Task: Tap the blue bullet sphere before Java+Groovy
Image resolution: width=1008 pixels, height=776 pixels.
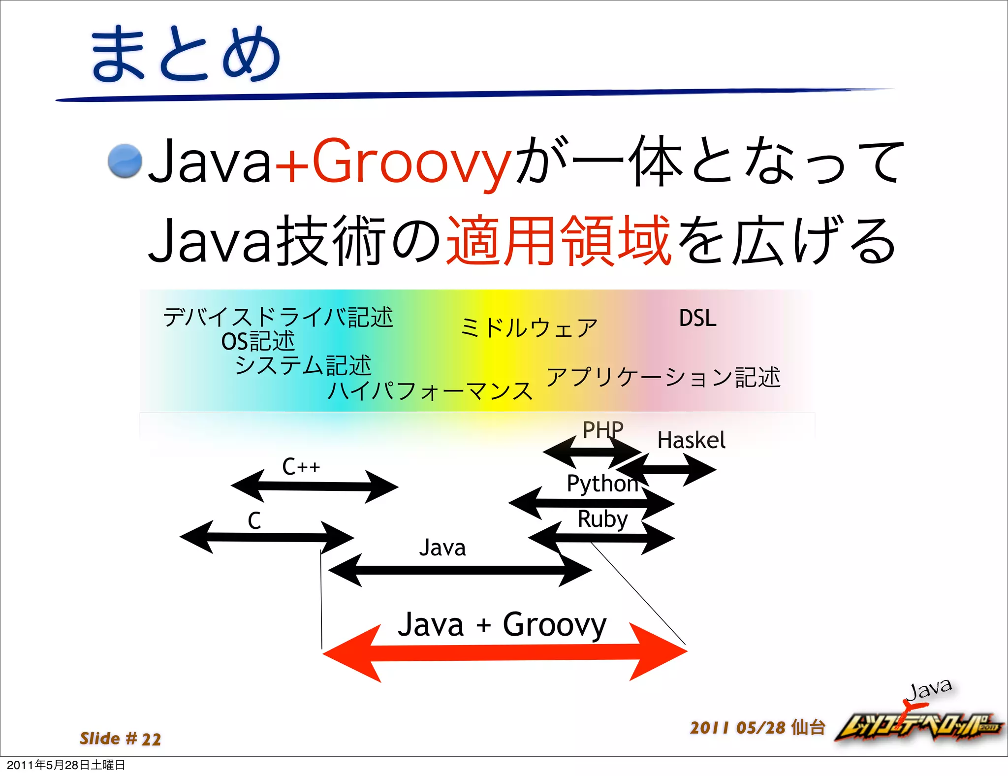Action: point(125,161)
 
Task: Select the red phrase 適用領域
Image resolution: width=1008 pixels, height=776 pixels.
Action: point(559,241)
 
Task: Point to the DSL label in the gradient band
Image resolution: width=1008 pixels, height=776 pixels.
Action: point(697,318)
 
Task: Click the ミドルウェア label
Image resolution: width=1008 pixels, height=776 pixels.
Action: point(529,328)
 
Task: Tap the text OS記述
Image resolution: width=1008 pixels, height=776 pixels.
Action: point(258,341)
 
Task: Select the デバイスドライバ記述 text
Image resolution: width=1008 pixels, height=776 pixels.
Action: point(278,317)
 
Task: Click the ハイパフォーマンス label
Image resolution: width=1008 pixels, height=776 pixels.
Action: point(430,391)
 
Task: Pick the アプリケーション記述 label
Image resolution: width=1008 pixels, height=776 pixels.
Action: point(663,377)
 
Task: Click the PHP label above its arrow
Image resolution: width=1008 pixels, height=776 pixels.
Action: point(602,430)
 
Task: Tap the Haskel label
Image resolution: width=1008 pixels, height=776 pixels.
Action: point(691,440)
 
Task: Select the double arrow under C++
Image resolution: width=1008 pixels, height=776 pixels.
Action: point(314,486)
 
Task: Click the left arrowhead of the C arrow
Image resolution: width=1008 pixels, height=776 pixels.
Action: point(197,537)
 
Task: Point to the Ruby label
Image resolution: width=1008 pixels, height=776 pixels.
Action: point(602,519)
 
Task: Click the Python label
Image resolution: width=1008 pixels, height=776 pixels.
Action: point(602,484)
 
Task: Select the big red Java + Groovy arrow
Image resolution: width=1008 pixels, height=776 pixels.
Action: point(504,652)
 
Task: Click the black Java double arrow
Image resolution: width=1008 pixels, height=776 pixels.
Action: point(460,570)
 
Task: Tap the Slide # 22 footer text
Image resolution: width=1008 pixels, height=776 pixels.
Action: point(121,739)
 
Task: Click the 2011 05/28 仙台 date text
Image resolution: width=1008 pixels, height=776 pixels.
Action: point(757,727)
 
